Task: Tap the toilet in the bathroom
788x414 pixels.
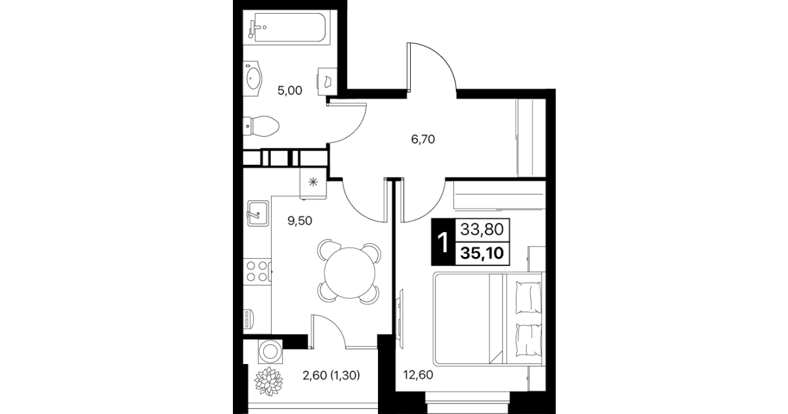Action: tap(260, 126)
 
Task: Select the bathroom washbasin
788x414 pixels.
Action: tap(253, 79)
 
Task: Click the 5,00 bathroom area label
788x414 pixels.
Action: tap(289, 91)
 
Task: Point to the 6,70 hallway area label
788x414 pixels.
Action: tap(423, 139)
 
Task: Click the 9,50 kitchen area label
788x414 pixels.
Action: tap(300, 221)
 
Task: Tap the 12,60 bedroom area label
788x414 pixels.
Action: tap(418, 375)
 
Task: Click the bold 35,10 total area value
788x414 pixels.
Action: tap(482, 253)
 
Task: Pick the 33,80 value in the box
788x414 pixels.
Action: tap(482, 230)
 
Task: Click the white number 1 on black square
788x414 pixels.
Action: tap(444, 242)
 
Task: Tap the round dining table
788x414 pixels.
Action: tap(350, 273)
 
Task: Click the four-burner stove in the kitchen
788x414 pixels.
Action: tap(257, 271)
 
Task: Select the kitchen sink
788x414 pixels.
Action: tap(258, 214)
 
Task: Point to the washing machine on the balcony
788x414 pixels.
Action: tap(270, 352)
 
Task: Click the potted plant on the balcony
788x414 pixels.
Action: tap(268, 381)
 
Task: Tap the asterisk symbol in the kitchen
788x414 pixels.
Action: tap(313, 182)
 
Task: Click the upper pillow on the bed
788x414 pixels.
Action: tap(528, 297)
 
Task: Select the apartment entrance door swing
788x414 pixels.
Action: tap(432, 66)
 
